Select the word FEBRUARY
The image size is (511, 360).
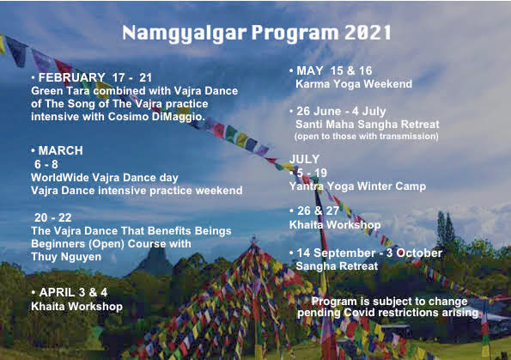pyautogui.click(x=71, y=77)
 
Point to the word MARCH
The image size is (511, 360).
pyautogui.click(x=61, y=150)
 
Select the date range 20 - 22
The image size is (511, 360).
pyautogui.click(x=52, y=217)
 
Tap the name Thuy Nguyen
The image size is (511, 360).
pyautogui.click(x=66, y=257)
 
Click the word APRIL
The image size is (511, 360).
pyautogui.click(x=57, y=292)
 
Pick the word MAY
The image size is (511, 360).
pyautogui.click(x=309, y=70)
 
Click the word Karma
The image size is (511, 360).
pyautogui.click(x=309, y=84)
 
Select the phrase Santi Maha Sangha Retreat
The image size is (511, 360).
pyautogui.click(x=368, y=125)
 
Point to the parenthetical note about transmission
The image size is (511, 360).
pyautogui.click(x=367, y=136)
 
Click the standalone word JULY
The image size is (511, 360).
pyautogui.click(x=304, y=159)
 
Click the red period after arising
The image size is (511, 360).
pyautogui.click(x=480, y=315)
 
